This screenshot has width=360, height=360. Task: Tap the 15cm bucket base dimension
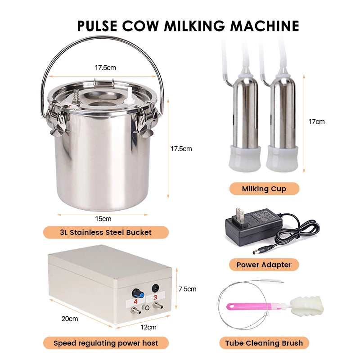point(103,219)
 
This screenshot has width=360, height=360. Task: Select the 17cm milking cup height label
point(317,121)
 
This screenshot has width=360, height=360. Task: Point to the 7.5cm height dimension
point(188,289)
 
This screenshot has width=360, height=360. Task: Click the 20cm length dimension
point(70,319)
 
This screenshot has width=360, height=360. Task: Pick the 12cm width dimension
point(148,327)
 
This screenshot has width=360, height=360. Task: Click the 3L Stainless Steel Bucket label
point(106,233)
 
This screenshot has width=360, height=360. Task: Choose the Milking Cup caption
point(264,189)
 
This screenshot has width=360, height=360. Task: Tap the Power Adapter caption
point(264,265)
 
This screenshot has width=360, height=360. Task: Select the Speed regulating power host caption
point(106,343)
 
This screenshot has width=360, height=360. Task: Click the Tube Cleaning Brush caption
point(264,343)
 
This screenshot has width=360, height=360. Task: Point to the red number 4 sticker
point(135,297)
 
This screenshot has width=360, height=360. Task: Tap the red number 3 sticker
point(156,297)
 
